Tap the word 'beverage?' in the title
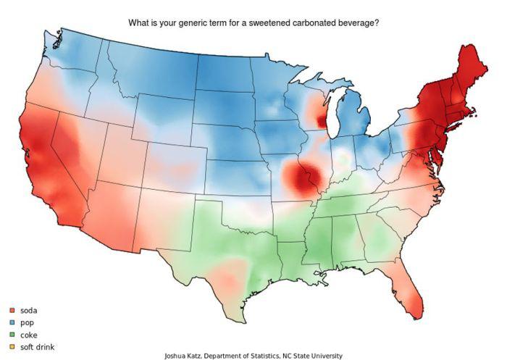coord(355,23)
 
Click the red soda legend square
coord(12,311)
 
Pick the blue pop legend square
coord(12,323)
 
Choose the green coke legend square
coord(12,335)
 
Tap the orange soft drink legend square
coord(12,348)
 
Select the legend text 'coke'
coord(30,335)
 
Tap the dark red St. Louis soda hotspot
coord(300,177)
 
